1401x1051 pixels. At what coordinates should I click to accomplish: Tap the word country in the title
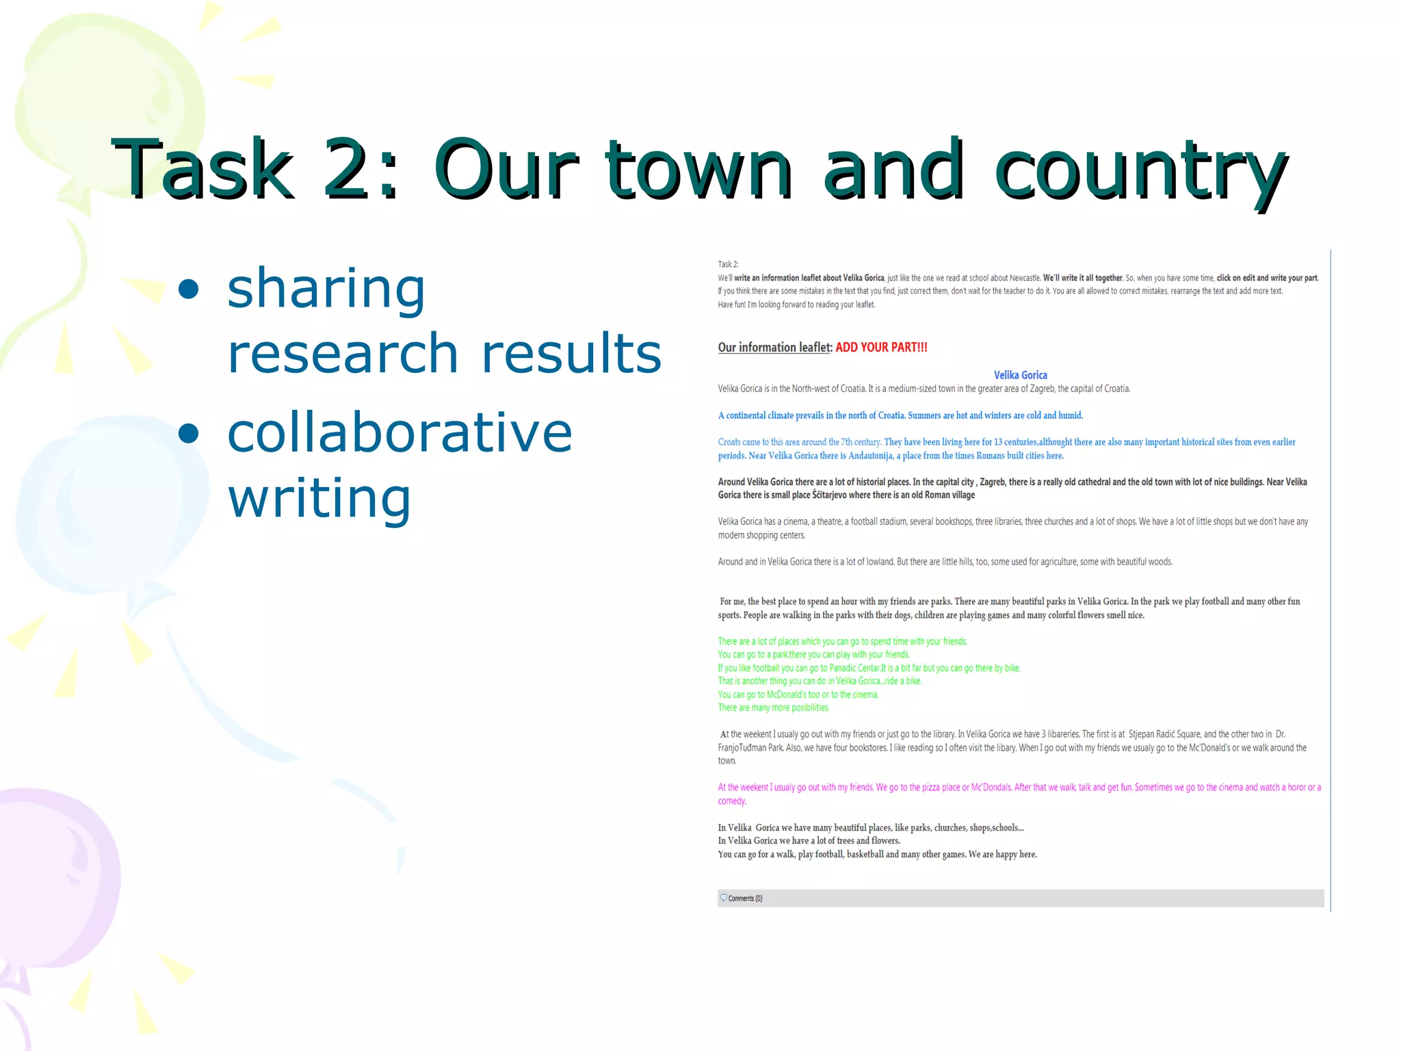[x=1140, y=171]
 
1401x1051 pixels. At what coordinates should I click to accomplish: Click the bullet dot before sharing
[x=188, y=289]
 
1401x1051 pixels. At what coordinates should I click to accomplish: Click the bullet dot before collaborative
[x=188, y=433]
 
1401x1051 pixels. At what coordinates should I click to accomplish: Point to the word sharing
[x=326, y=289]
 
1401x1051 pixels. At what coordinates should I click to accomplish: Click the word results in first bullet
[x=571, y=353]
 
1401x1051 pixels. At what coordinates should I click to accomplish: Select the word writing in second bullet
[x=319, y=498]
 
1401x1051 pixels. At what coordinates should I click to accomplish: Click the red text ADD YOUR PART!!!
[x=881, y=348]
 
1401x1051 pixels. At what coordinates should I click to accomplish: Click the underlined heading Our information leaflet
[x=774, y=348]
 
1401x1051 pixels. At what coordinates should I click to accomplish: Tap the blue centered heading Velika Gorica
[x=1020, y=375]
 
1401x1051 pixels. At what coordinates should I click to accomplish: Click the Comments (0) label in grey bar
[x=744, y=898]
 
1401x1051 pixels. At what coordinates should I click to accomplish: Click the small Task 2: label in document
[x=728, y=264]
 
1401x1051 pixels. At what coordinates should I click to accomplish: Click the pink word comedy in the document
[x=731, y=801]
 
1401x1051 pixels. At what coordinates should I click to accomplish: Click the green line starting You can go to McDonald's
[x=798, y=695]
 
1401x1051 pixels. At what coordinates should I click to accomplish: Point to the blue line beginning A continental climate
[x=900, y=415]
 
